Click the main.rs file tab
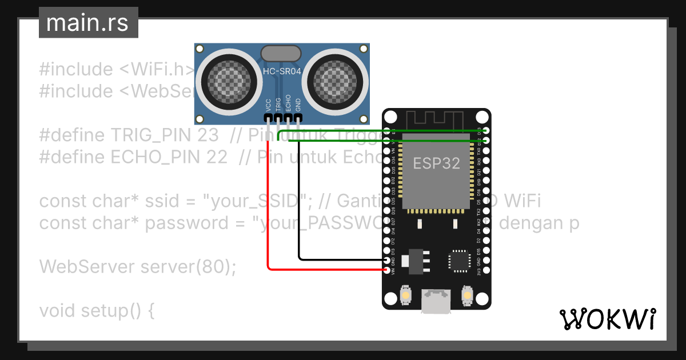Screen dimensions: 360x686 (88, 23)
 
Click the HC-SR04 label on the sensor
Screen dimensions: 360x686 (281, 70)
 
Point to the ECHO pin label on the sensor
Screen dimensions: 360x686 (288, 103)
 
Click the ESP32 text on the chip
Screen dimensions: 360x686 (436, 163)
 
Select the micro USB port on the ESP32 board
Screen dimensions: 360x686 (436, 301)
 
